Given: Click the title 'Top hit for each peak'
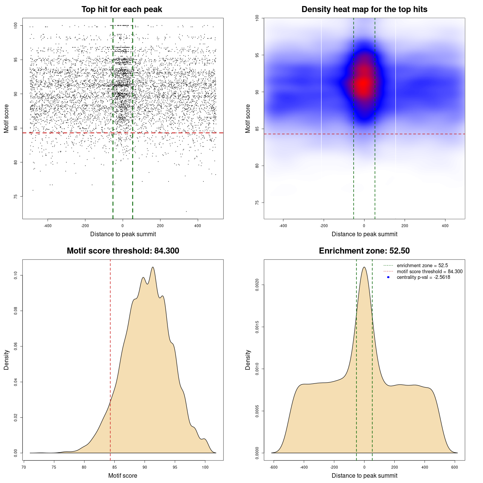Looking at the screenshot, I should click(122, 9).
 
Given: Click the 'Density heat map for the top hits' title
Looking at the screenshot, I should click(364, 9).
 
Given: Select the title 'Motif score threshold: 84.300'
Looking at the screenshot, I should click(123, 251).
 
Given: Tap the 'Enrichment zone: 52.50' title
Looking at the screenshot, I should click(364, 251).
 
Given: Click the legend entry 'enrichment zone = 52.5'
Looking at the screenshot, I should click(422, 266).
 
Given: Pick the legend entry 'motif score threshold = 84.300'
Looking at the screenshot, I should click(429, 272).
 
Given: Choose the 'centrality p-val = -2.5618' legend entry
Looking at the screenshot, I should click(423, 277).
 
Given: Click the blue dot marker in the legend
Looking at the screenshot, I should click(388, 277).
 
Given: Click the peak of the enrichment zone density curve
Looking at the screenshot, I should click(364, 267).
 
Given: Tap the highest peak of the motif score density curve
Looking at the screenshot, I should click(153, 267).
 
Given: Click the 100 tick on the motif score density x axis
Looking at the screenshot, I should click(205, 467).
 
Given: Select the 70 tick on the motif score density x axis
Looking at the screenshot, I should click(24, 467).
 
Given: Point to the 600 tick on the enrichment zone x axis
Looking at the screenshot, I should click(455, 467).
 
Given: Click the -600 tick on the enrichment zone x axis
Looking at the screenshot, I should click(274, 467).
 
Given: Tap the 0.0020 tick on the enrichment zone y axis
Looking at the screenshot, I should click(257, 285).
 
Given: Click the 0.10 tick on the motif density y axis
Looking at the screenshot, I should click(15, 275).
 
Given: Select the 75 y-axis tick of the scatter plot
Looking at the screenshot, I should click(15, 197).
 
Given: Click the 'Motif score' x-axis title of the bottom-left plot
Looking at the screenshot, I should click(123, 475).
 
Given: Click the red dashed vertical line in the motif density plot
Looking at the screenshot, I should click(110, 358).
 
